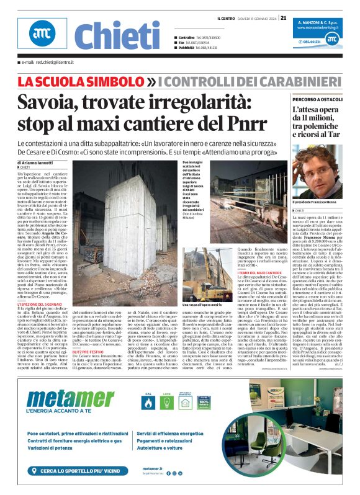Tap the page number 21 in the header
(283, 18)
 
